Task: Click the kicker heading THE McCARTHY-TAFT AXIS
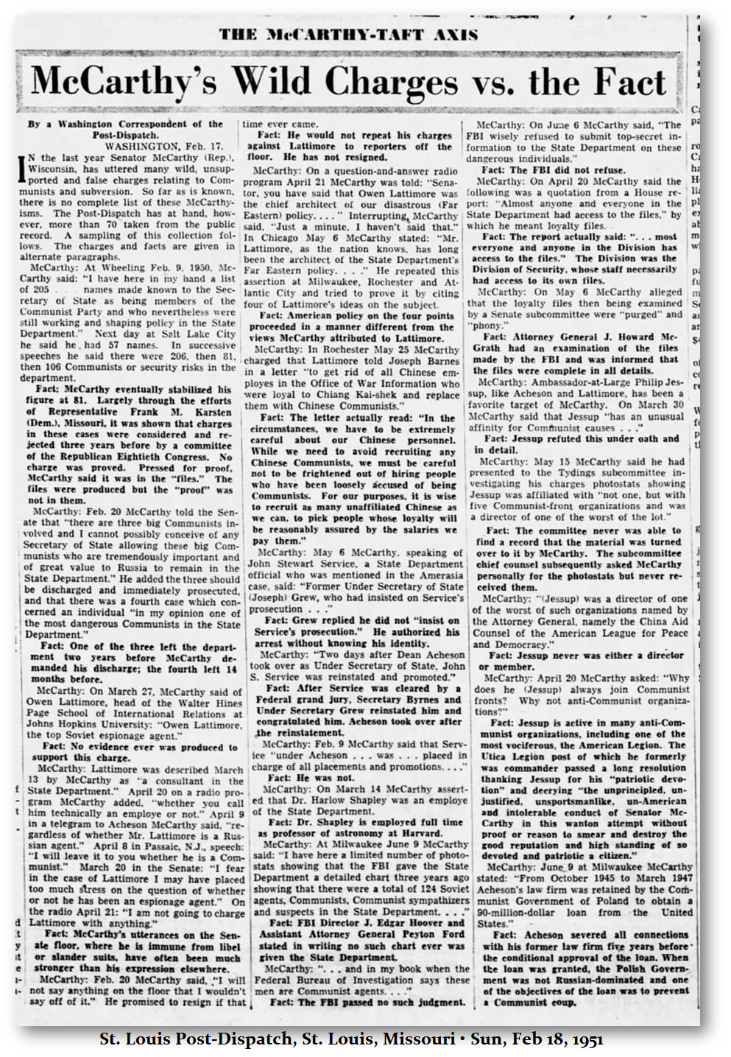(348, 34)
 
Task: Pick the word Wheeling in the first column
(107, 268)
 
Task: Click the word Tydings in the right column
(535, 473)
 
